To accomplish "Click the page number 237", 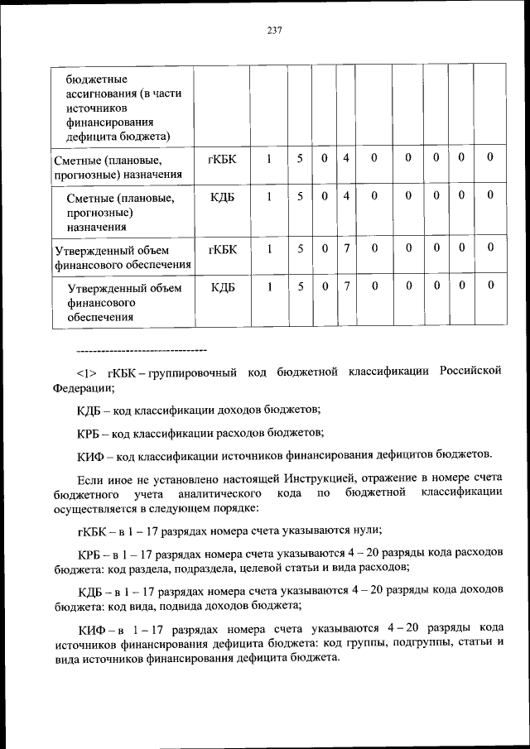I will point(275,31).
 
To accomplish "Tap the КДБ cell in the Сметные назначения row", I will point(223,196).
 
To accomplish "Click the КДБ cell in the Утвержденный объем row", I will point(223,286).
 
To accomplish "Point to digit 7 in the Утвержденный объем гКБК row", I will point(346,247).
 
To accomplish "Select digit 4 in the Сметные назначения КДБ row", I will point(346,196).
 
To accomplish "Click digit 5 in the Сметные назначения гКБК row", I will point(301,158).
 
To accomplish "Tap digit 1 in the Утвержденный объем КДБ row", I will point(269,286).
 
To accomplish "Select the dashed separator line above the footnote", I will point(141,352).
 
